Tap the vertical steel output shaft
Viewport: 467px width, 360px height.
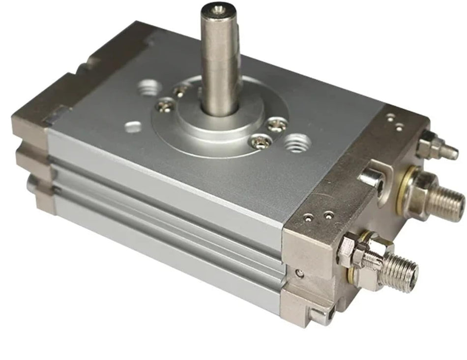tap(220, 59)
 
